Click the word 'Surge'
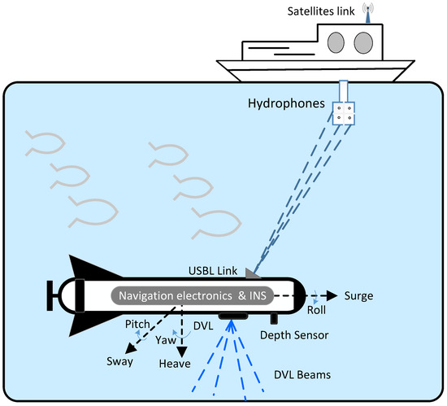pyautogui.click(x=359, y=295)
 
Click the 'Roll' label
pyautogui.click(x=317, y=309)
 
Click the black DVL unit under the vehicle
pyautogui.click(x=234, y=316)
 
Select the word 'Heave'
pyautogui.click(x=176, y=364)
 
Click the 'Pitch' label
pyautogui.click(x=139, y=325)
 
